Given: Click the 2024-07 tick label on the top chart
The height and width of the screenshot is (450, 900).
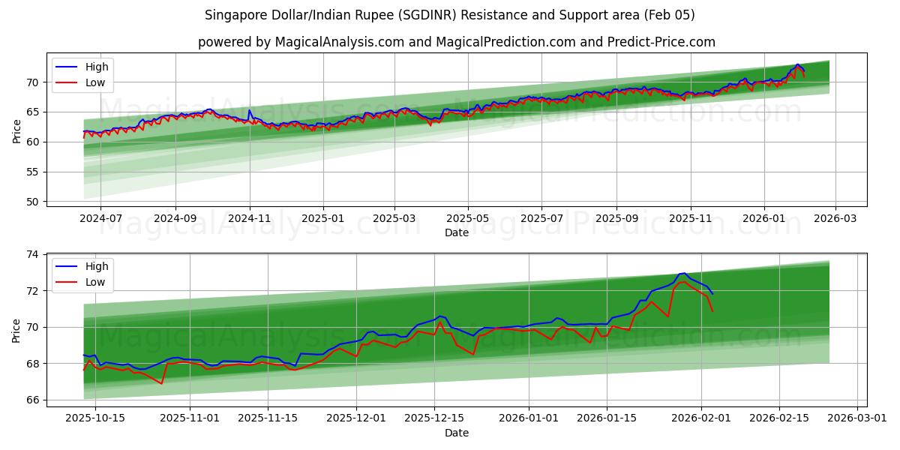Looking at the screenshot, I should (100, 218).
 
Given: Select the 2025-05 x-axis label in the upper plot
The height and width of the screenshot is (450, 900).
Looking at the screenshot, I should (468, 218).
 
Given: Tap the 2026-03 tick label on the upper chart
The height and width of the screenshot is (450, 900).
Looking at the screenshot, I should (835, 218).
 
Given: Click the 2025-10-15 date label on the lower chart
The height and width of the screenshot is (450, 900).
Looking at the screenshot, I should (95, 418).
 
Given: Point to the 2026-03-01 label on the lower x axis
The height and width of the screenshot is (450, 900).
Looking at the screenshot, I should (857, 418).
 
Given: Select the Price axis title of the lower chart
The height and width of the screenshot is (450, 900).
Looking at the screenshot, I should (16, 330).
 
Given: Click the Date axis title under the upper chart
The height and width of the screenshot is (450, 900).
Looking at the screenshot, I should (457, 232).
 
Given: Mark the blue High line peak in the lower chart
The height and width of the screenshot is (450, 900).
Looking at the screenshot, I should (683, 273).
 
